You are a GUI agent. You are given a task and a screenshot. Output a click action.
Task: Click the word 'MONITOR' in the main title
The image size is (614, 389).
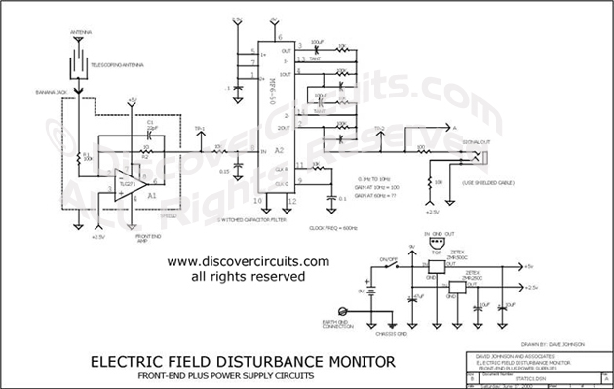coord(347,361)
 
